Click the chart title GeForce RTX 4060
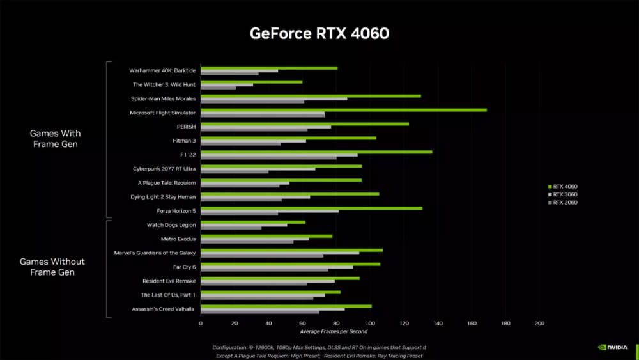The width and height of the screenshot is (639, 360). click(x=319, y=33)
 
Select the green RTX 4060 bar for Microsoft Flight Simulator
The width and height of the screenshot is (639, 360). click(x=344, y=110)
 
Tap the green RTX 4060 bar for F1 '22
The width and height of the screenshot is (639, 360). click(x=316, y=152)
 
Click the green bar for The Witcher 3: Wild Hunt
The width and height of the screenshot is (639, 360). click(x=251, y=82)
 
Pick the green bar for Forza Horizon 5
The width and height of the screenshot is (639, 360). click(x=311, y=208)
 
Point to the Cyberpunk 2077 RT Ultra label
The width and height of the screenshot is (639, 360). click(x=164, y=169)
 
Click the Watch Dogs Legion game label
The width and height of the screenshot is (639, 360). click(x=171, y=225)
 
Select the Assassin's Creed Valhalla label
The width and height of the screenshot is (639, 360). click(x=164, y=309)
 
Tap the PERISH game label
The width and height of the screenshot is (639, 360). click(x=186, y=127)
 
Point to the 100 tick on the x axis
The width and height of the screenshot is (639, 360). click(x=370, y=323)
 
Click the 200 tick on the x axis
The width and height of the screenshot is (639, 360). click(x=539, y=323)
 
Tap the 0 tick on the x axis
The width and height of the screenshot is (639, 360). click(x=201, y=323)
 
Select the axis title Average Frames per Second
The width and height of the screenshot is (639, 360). click(x=334, y=331)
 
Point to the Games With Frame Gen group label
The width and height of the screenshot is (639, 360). click(x=56, y=139)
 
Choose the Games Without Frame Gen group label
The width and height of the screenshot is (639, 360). click(x=52, y=267)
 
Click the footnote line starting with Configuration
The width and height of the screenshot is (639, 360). click(x=319, y=347)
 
